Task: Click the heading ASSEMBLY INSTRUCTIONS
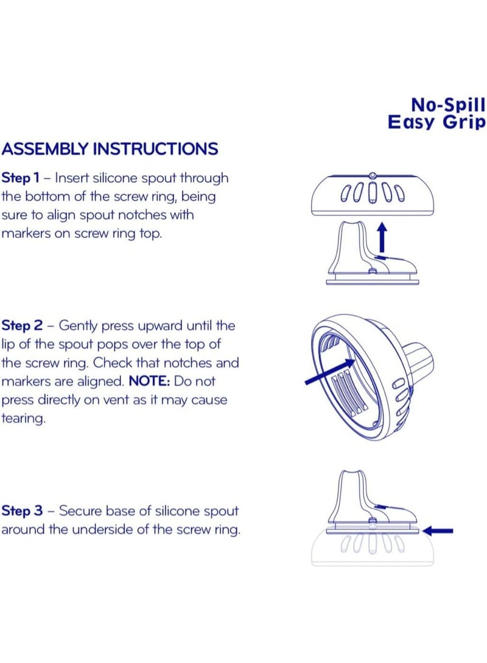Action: point(110,149)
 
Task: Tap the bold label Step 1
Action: point(20,178)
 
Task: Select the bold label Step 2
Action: point(22,325)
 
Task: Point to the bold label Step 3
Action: point(22,511)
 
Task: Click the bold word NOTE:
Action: point(149,381)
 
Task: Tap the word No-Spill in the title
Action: point(448,105)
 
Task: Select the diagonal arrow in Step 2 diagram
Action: point(330,372)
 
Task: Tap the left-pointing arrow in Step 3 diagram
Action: point(438,530)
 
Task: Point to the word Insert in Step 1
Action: point(72,178)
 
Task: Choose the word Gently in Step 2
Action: point(79,326)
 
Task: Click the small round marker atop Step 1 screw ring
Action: point(373,175)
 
